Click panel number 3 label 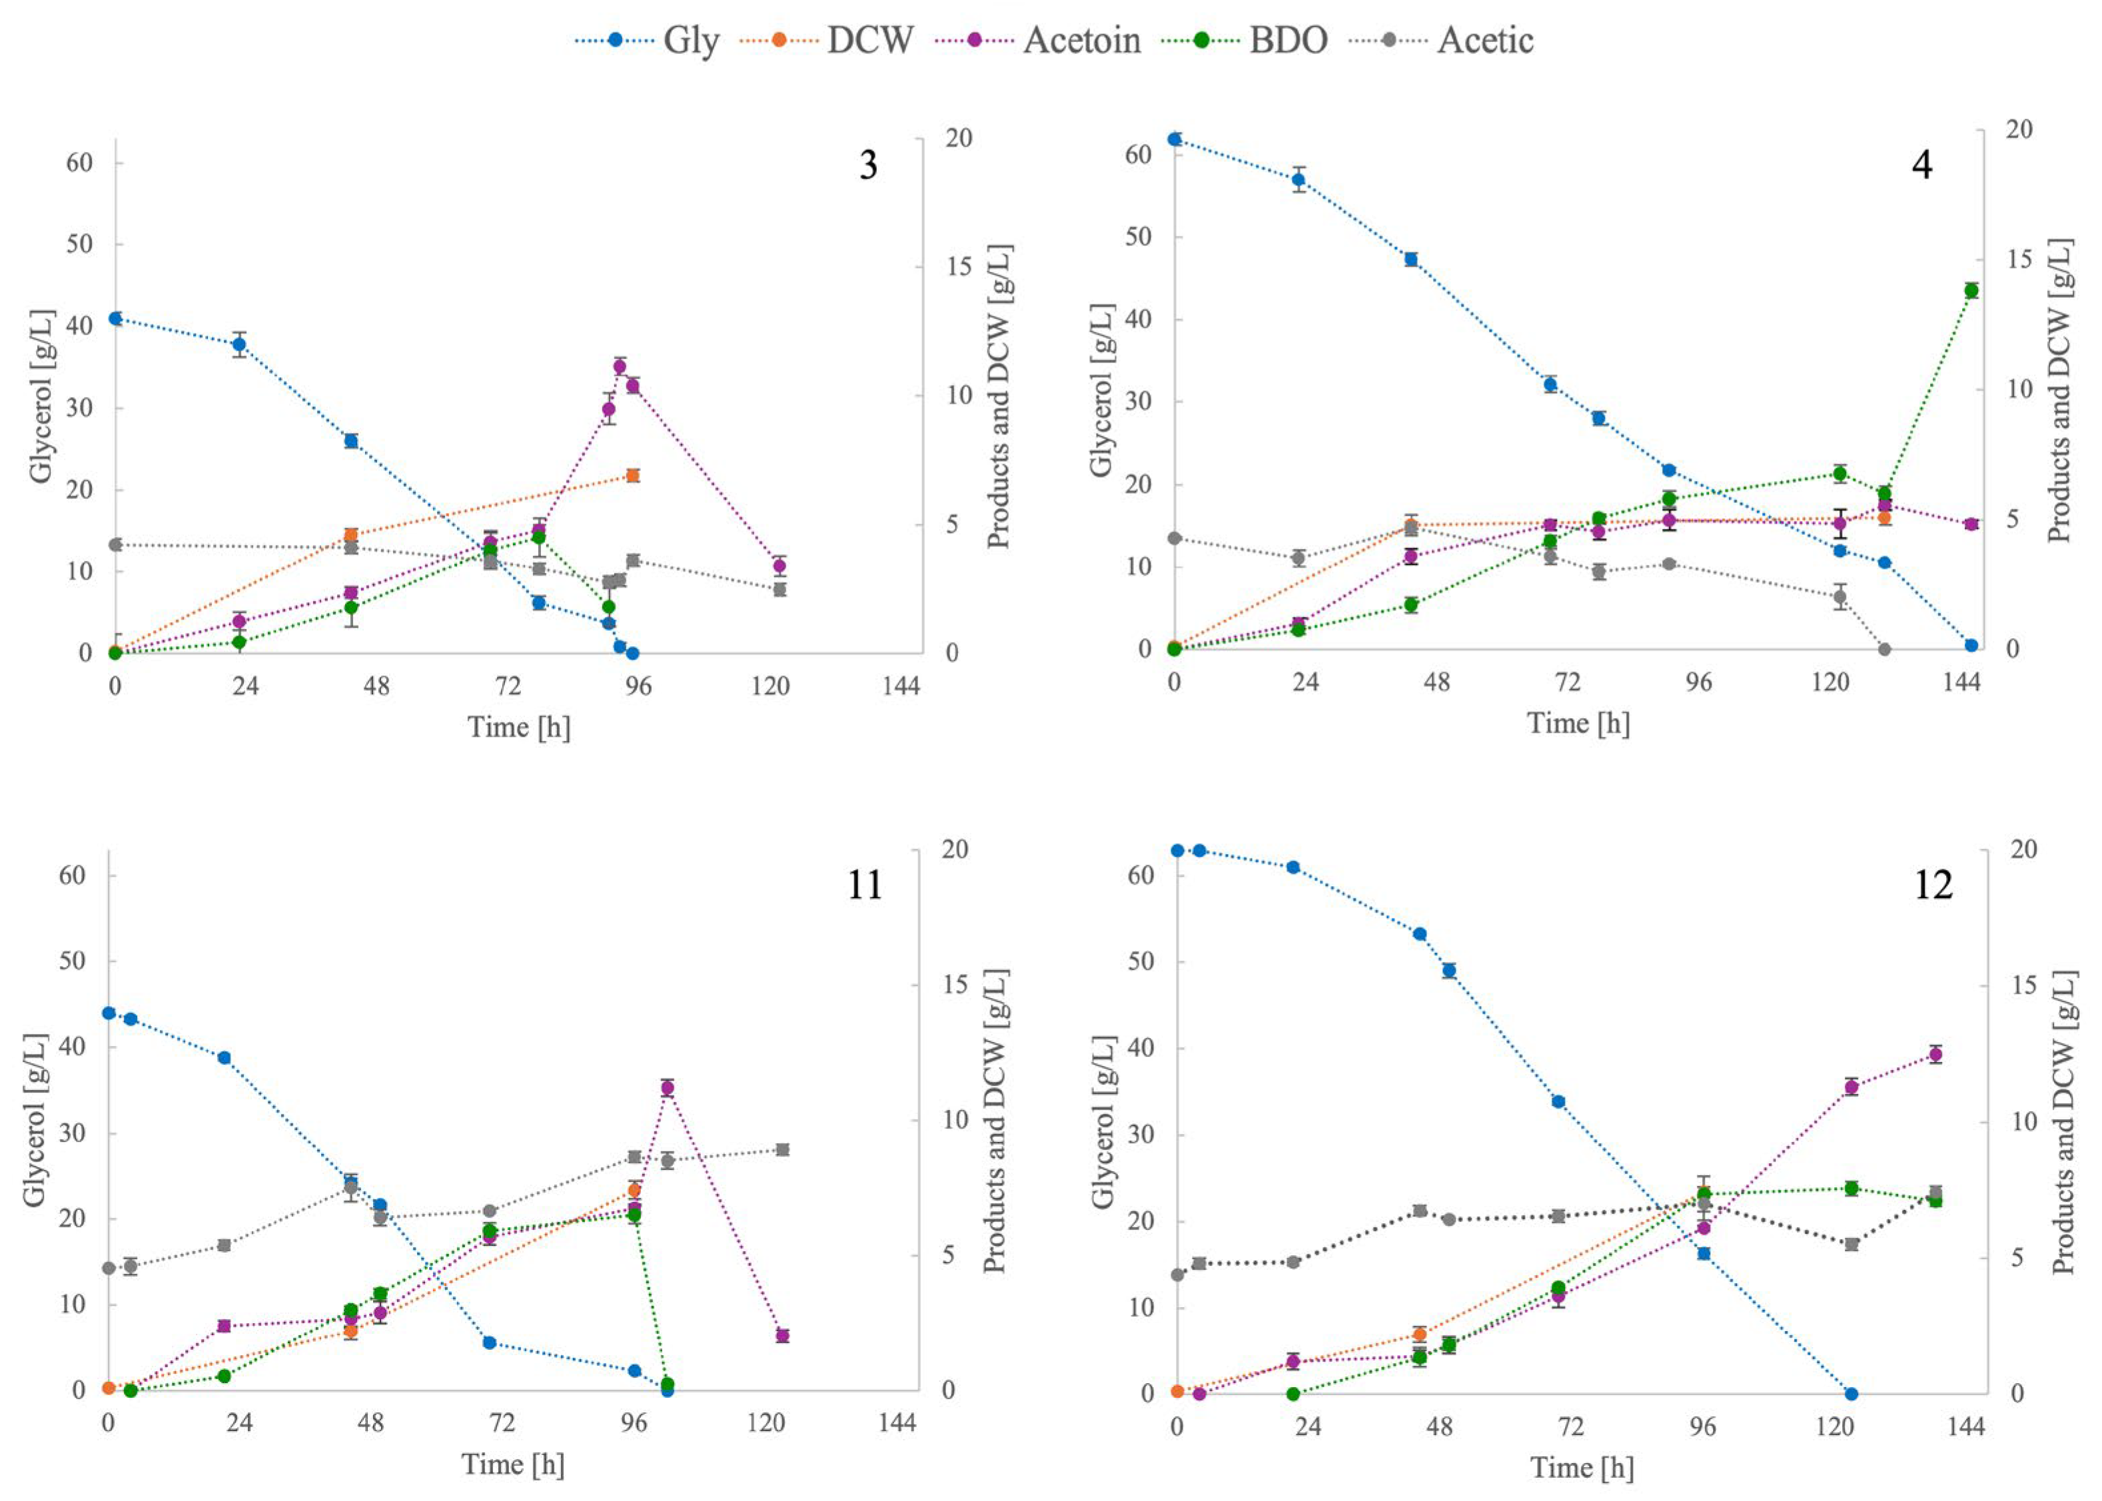pyautogui.click(x=868, y=165)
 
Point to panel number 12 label pyautogui.click(x=1932, y=885)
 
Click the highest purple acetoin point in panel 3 pyautogui.click(x=620, y=366)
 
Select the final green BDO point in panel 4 pyautogui.click(x=1971, y=290)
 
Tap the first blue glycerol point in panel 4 pyautogui.click(x=1175, y=139)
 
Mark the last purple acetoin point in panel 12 pyautogui.click(x=1935, y=1055)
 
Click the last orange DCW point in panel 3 pyautogui.click(x=633, y=475)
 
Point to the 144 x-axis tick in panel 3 pyautogui.click(x=900, y=686)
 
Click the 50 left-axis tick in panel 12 pyautogui.click(x=1141, y=961)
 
